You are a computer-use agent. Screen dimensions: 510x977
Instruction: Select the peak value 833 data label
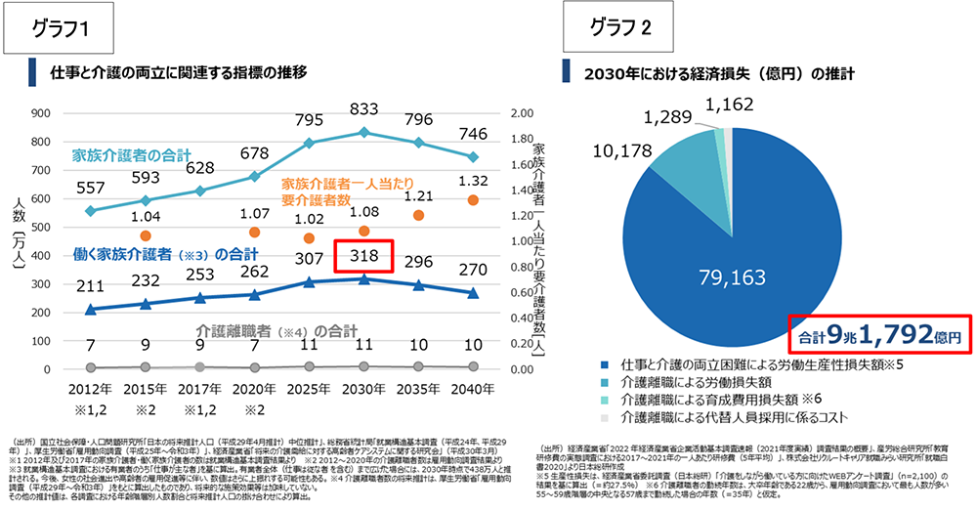tap(363, 109)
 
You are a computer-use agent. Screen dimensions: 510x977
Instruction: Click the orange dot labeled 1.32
tap(472, 200)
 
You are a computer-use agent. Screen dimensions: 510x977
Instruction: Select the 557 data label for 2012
tap(90, 188)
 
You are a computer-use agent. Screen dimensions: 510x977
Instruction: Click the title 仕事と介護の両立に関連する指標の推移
tap(179, 72)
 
